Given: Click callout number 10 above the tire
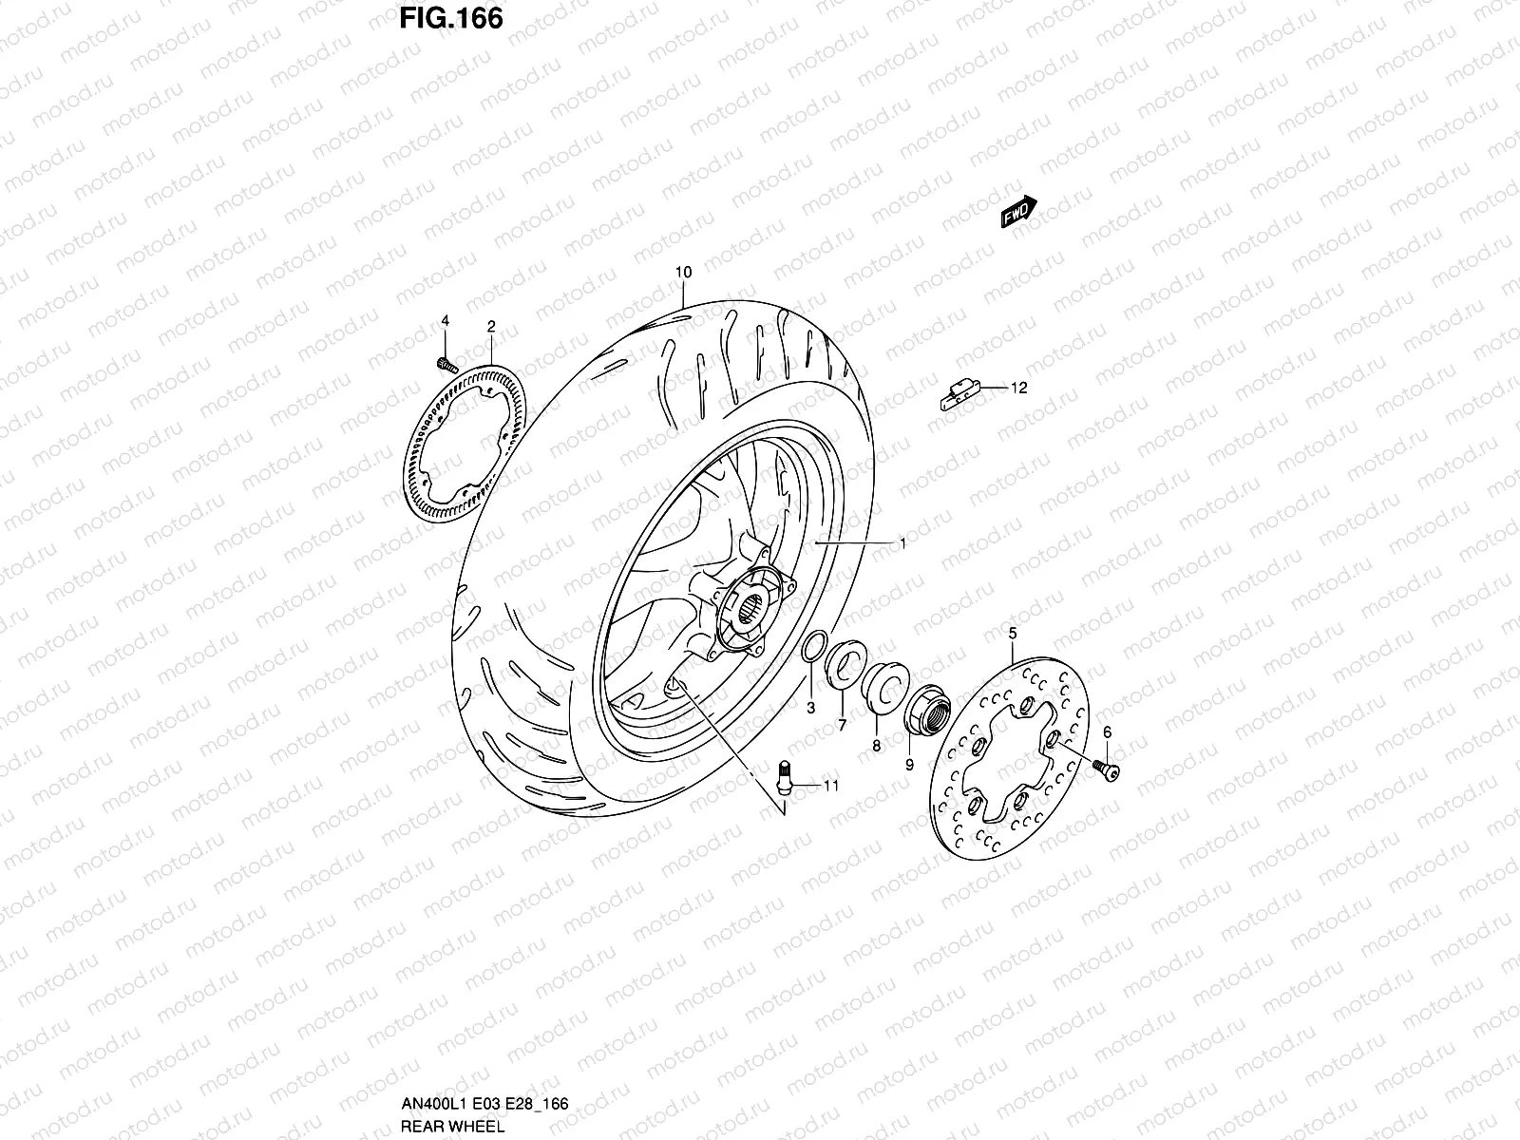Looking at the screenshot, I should (x=683, y=273).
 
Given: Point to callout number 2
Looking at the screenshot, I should (x=491, y=326).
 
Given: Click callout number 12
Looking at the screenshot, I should (x=1018, y=388).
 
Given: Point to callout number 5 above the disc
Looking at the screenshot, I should (x=1012, y=633).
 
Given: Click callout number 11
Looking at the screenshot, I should (x=831, y=786).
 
